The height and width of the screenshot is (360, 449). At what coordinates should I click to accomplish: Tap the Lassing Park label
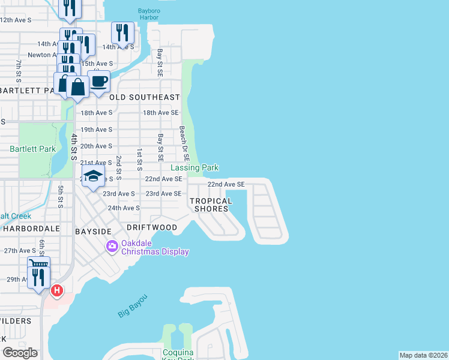click(194, 168)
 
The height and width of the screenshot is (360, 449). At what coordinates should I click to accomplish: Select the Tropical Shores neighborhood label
click(211, 205)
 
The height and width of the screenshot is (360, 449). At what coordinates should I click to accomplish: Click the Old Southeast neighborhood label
click(145, 97)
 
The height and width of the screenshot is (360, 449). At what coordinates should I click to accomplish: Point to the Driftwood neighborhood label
click(152, 227)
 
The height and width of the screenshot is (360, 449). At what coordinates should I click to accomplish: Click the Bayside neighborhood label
click(93, 231)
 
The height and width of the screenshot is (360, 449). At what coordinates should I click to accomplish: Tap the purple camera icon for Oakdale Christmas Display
click(112, 246)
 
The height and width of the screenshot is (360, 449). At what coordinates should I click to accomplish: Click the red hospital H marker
click(57, 291)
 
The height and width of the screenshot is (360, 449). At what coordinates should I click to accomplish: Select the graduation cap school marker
click(92, 176)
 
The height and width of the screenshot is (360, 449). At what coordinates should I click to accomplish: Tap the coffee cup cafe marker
click(98, 81)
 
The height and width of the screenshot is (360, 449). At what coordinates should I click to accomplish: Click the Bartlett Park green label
click(32, 149)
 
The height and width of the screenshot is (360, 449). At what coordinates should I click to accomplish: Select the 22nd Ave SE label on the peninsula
click(226, 184)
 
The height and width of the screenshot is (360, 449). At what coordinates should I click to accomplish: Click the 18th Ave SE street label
click(161, 112)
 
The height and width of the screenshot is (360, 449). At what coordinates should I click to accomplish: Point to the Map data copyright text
click(423, 355)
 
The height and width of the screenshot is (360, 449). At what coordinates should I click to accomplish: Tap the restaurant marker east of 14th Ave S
click(122, 32)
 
